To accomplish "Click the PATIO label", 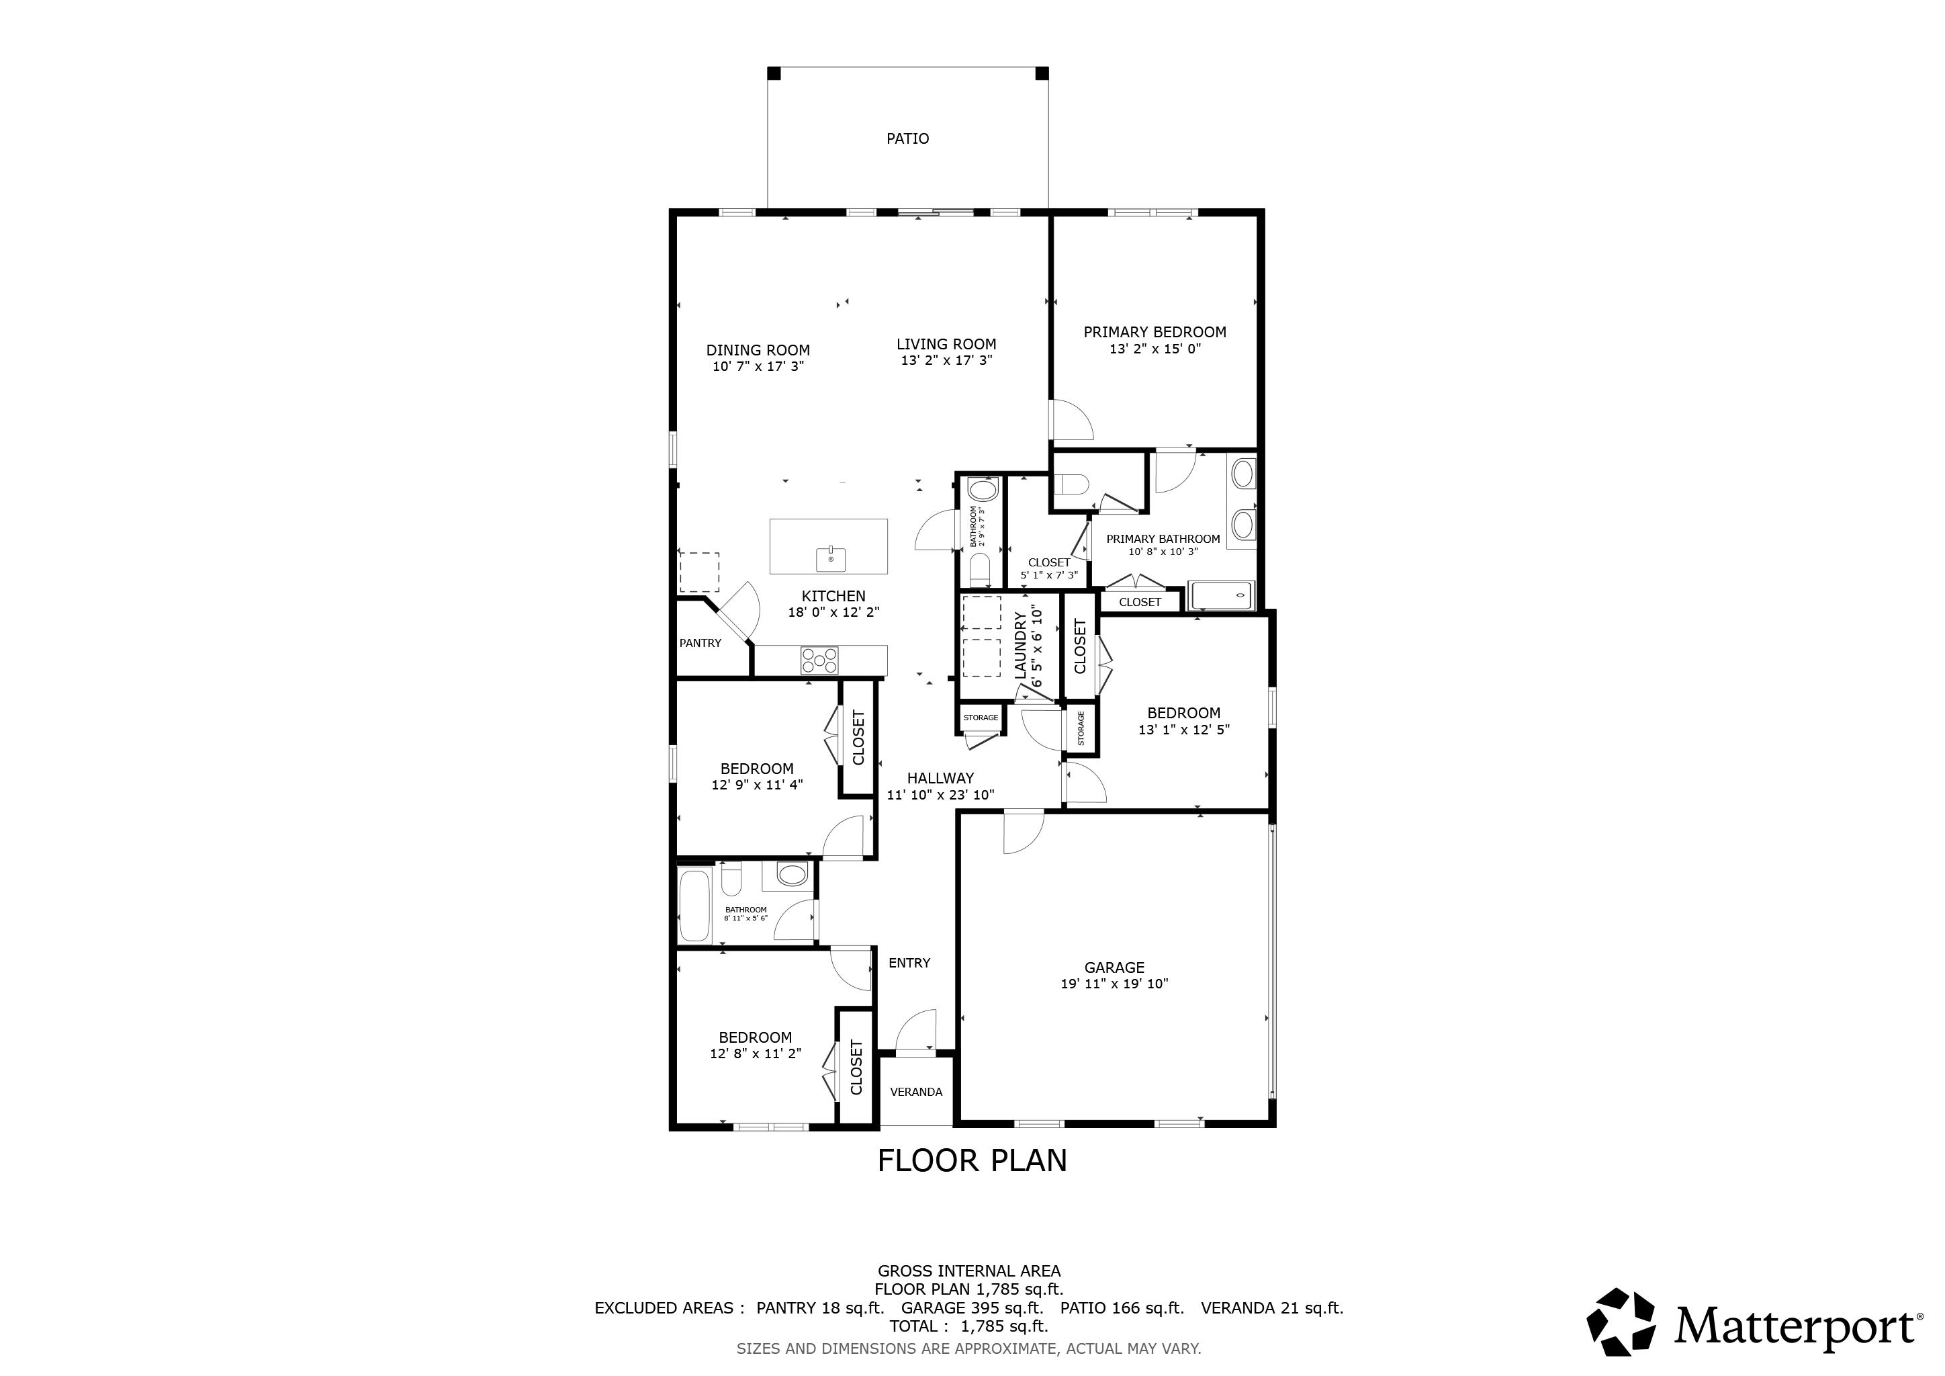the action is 907,138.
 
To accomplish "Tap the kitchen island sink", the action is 831,558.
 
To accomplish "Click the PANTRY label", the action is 700,643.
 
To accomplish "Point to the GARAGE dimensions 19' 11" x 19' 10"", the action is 1114,984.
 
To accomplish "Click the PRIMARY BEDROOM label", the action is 1155,332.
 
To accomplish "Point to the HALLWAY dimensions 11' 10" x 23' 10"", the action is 940,795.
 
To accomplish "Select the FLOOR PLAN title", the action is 972,1160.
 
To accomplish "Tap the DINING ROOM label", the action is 758,350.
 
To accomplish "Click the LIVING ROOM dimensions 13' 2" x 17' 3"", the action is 946,360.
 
